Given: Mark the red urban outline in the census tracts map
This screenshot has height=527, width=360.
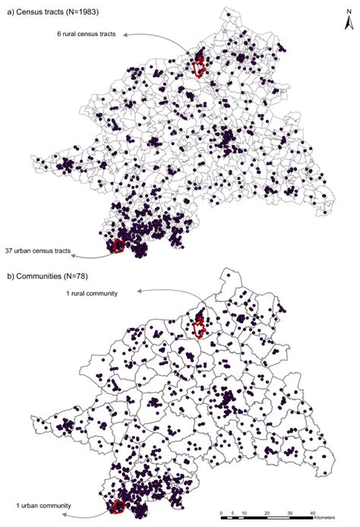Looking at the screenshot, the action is pos(118,245).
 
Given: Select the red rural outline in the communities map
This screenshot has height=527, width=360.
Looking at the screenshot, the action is pos(199,328).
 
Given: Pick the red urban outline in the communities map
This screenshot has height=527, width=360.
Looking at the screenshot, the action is pos(118,507).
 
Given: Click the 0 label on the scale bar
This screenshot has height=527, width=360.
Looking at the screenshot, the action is pos(221,513).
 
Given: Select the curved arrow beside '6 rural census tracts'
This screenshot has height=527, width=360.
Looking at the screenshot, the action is pos(156,36).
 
